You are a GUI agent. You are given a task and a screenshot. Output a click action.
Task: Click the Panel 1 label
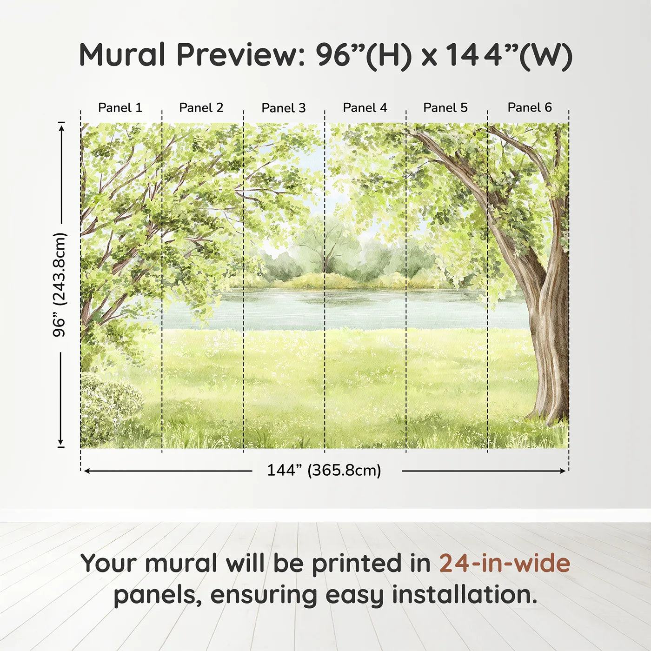pyautogui.click(x=120, y=108)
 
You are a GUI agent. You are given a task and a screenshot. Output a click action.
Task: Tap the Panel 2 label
pyautogui.click(x=201, y=108)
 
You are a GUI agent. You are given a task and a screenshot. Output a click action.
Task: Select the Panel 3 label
pyautogui.click(x=284, y=108)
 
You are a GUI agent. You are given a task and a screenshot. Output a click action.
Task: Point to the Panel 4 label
pyautogui.click(x=365, y=108)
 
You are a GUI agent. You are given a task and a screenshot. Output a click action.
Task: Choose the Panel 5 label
pyautogui.click(x=445, y=108)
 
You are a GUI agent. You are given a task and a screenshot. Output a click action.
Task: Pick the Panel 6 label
pyautogui.click(x=530, y=108)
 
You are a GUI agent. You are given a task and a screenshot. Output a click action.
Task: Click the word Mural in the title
pyautogui.click(x=122, y=55)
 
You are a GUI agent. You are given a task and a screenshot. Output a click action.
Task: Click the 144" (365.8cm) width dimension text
pyautogui.click(x=324, y=470)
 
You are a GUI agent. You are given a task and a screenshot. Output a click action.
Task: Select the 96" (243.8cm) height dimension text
pyautogui.click(x=60, y=285)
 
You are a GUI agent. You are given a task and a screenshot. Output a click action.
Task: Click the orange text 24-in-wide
pyautogui.click(x=505, y=563)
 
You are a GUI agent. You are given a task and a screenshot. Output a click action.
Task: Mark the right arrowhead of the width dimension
pyautogui.click(x=563, y=471)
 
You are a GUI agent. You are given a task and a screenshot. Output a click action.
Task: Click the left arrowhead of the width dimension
pyautogui.click(x=86, y=471)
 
